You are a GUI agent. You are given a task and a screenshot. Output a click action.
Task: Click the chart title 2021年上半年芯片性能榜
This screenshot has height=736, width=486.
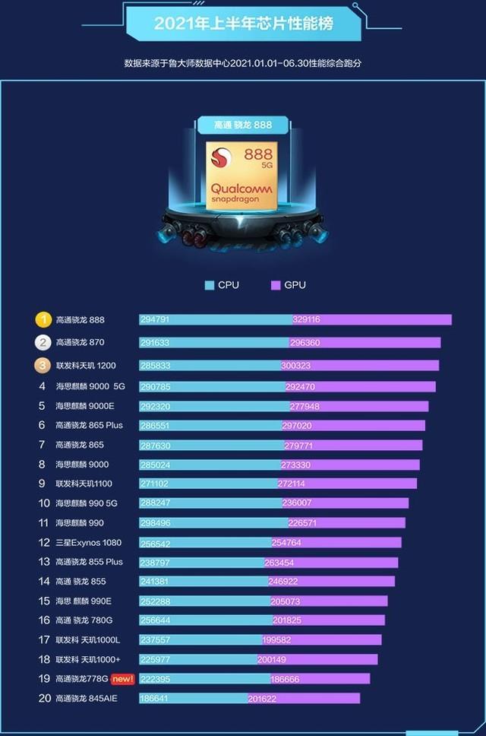click(243, 24)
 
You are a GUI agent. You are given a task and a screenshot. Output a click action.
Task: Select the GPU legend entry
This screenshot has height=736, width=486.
click(289, 285)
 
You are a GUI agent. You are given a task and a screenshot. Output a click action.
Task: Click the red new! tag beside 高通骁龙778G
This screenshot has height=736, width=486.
click(121, 678)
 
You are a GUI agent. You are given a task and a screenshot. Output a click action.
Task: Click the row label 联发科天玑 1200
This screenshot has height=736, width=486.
click(85, 366)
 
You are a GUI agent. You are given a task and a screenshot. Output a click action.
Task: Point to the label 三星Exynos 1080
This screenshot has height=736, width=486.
click(88, 543)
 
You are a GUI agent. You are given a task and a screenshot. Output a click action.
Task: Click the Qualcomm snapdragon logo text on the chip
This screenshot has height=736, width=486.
click(235, 192)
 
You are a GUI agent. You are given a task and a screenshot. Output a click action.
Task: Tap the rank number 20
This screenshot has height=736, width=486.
click(44, 698)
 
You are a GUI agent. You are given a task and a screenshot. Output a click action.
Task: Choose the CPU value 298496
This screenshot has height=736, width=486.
click(156, 523)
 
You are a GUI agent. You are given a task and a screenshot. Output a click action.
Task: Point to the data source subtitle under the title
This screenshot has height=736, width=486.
click(243, 63)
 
